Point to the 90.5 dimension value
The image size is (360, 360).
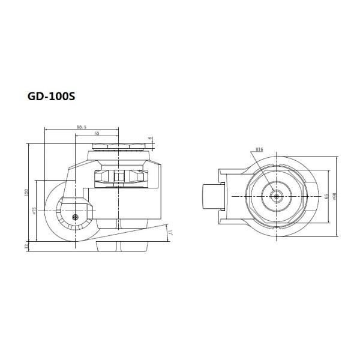tap(82, 127)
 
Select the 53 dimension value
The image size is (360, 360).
tap(97, 134)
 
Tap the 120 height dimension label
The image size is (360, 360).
tap(26, 193)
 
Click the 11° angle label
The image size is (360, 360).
tap(171, 232)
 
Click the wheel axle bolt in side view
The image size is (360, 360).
tap(74, 217)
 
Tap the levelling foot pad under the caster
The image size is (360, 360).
tap(120, 244)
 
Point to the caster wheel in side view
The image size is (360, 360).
tap(60, 217)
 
